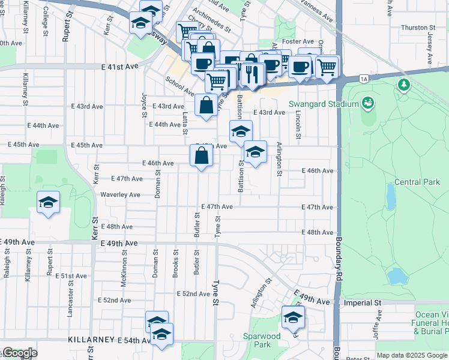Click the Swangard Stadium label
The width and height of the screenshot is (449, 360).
coord(324,103)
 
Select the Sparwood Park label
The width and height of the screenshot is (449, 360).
coord(262,340)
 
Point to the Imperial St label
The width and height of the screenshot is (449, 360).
coord(363,303)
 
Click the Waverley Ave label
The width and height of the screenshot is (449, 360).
coord(120,194)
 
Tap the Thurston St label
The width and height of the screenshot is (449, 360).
coord(418,28)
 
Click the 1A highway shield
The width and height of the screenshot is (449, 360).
coord(364,79)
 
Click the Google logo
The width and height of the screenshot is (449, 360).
coord(19,353)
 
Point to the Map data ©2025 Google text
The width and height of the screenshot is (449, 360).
coord(411,355)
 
